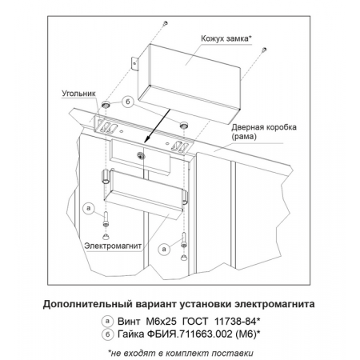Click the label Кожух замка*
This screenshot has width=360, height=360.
tap(226, 38)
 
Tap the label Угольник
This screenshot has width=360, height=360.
tap(78, 94)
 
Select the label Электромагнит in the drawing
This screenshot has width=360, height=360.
tap(113, 246)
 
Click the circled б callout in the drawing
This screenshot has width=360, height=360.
tap(128, 102)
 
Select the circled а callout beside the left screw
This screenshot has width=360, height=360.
tap(89, 208)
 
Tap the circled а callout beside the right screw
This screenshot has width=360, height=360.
tap(164, 249)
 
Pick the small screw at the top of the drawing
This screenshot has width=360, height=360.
tap(166, 23)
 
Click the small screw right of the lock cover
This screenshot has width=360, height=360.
tap(264, 50)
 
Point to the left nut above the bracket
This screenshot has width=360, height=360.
tap(106, 104)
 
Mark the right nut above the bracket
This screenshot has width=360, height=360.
tap(183, 125)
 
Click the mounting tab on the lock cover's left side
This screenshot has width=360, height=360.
tap(135, 64)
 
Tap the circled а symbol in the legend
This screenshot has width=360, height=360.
tap(107, 321)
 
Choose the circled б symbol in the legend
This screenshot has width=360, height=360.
tap(107, 334)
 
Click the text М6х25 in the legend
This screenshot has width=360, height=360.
tap(161, 322)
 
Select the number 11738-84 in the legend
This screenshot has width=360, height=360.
tap(235, 322)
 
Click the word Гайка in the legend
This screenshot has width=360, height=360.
tap(131, 334)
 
